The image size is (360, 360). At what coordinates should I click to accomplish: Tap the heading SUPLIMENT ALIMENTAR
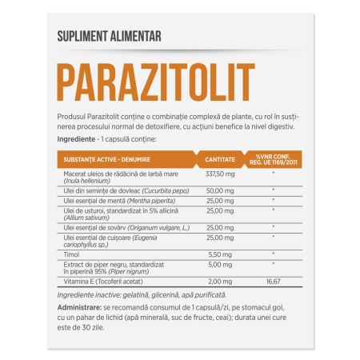[x=109, y=37]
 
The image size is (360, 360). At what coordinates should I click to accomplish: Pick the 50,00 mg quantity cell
[x=218, y=191]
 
